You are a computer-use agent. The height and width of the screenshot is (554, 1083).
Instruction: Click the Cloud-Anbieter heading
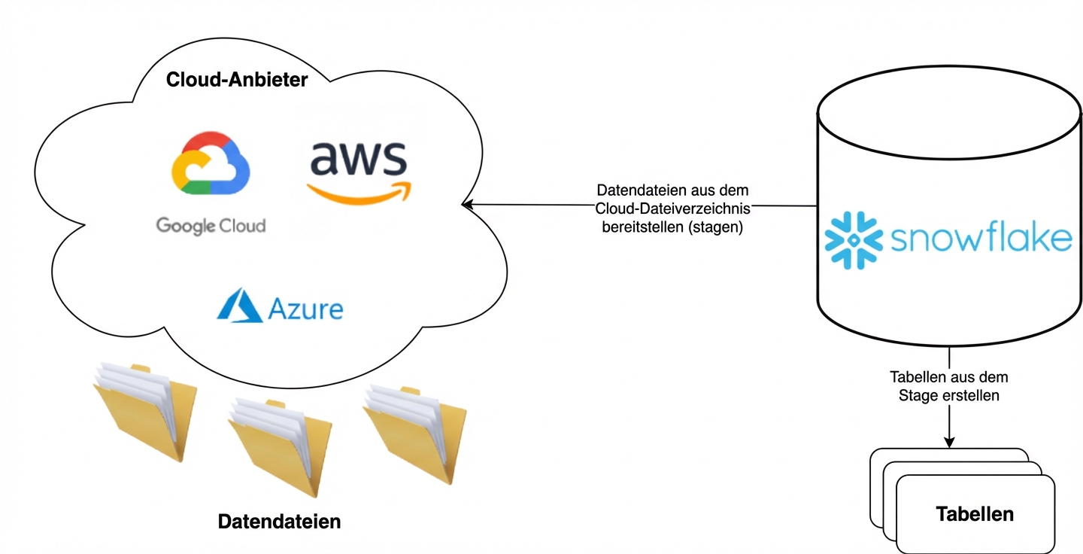[x=237, y=79]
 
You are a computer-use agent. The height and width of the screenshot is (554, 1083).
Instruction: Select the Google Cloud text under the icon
[x=211, y=225]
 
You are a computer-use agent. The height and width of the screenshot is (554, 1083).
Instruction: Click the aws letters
[x=358, y=159]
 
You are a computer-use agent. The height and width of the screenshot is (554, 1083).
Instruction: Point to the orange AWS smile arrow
[x=359, y=194]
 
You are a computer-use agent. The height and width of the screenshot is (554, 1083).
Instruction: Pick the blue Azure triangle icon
[x=239, y=306]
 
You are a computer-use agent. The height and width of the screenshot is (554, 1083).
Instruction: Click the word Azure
[x=305, y=309]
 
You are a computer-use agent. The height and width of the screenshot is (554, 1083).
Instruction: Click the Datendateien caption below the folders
[x=279, y=521]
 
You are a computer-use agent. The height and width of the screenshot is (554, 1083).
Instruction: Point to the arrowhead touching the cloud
[x=466, y=203]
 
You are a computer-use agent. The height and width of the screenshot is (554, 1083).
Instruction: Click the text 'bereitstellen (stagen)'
[x=672, y=227]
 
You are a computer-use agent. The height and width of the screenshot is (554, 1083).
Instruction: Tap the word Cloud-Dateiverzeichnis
[x=672, y=209]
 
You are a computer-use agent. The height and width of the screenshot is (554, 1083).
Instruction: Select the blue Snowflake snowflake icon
[x=853, y=240]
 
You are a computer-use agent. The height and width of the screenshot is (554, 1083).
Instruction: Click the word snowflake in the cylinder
[x=981, y=239]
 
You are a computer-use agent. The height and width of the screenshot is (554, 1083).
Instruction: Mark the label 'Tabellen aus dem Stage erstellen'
[x=948, y=385]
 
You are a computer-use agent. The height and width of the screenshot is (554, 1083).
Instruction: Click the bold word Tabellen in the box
[x=975, y=514]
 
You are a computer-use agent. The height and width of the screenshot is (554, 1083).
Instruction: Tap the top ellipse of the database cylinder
[x=950, y=117]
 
